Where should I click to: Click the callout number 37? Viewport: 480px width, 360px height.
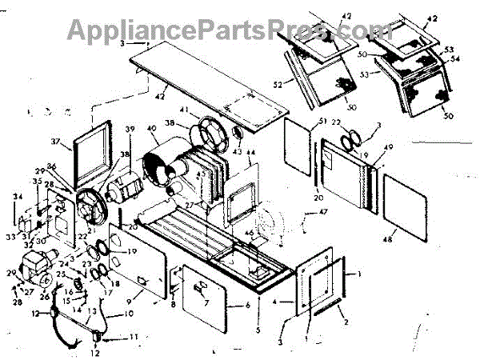56,142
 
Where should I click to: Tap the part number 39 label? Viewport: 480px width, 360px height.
130,130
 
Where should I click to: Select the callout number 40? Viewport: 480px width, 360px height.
152,130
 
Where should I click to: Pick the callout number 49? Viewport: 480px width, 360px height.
390,149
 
